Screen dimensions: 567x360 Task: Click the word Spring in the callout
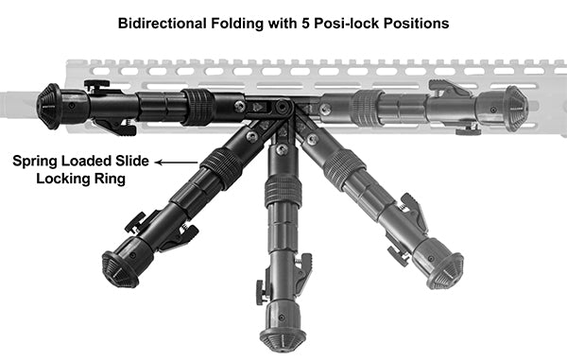(35, 161)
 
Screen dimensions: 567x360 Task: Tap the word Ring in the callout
(111, 178)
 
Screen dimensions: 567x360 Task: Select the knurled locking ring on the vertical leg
(283, 192)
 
